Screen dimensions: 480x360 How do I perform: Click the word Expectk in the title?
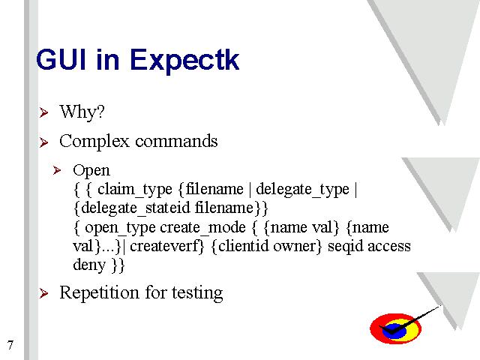pos(184,61)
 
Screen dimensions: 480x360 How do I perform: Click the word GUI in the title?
pos(61,59)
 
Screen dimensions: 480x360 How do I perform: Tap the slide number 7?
pos(10,345)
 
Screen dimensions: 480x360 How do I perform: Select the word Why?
pos(82,112)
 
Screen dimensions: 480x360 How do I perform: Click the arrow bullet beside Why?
pos(43,112)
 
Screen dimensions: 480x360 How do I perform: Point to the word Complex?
pos(94,142)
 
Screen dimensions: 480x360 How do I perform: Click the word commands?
pos(176,141)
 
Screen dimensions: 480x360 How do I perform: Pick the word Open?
pos(91,171)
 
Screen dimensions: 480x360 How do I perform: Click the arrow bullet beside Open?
pos(57,170)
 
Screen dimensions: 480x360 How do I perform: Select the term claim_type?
pos(135,190)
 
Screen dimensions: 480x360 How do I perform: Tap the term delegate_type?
pos(302,190)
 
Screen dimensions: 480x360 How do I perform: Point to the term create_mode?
pos(202,227)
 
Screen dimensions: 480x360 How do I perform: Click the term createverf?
pos(164,246)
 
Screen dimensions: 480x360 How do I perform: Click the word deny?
pos(89,265)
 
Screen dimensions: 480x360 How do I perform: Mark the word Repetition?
pos(99,293)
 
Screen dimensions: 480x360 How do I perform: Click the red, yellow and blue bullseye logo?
pos(395,328)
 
